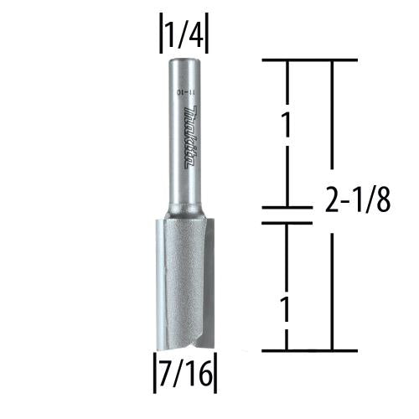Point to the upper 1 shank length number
[x=287, y=127]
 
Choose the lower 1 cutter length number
[x=287, y=312]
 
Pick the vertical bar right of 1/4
[x=206, y=35]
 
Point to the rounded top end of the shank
[x=185, y=60]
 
